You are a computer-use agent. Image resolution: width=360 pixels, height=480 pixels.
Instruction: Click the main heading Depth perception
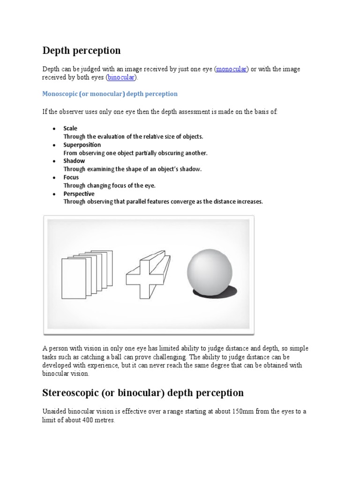tap(82, 50)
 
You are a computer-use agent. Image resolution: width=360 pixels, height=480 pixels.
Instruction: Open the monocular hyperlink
tap(231, 69)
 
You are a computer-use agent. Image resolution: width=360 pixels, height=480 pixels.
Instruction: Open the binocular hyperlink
tap(121, 77)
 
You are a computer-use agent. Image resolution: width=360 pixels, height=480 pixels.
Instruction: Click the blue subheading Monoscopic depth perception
tap(110, 94)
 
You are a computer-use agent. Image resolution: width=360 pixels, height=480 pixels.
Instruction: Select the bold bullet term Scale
tap(70, 128)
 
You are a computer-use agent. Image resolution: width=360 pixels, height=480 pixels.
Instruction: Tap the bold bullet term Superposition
tap(82, 145)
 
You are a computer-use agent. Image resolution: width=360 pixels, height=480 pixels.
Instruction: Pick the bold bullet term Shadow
tap(74, 161)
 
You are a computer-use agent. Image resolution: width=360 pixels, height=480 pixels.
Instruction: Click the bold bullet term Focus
tap(71, 177)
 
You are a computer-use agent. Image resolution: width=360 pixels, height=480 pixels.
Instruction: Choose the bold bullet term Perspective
tap(79, 194)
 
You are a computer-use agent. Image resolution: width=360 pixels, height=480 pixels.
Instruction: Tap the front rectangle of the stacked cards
tap(74, 278)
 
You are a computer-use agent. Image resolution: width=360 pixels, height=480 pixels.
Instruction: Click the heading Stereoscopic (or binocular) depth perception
tap(143, 393)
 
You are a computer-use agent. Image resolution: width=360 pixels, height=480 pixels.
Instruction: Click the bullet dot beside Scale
tap(54, 128)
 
